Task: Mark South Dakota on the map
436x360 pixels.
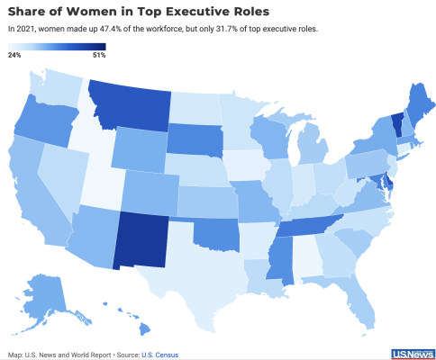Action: pos(195,139)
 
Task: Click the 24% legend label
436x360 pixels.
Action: pos(14,55)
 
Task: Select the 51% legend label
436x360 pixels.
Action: pos(99,55)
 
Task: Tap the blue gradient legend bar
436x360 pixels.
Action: pos(57,47)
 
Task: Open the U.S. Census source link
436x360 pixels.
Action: pos(159,355)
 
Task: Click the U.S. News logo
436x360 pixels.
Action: pos(413,355)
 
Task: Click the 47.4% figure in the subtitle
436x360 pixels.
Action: pos(109,29)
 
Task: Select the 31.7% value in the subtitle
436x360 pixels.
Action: pos(225,29)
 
